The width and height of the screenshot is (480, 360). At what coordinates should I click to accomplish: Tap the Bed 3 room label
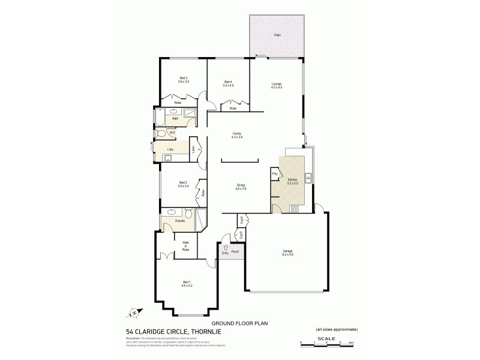184,78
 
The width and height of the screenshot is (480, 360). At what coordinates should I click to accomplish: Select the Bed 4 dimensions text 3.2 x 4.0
228,86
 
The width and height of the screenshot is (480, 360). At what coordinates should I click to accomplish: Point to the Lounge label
276,83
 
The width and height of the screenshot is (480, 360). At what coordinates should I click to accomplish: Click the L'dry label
170,148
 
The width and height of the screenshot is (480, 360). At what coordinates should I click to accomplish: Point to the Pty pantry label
275,173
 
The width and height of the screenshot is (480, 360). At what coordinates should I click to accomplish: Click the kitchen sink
307,178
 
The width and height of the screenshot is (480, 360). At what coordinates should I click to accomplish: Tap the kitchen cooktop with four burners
294,209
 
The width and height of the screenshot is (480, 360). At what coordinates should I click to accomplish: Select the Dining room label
241,184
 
